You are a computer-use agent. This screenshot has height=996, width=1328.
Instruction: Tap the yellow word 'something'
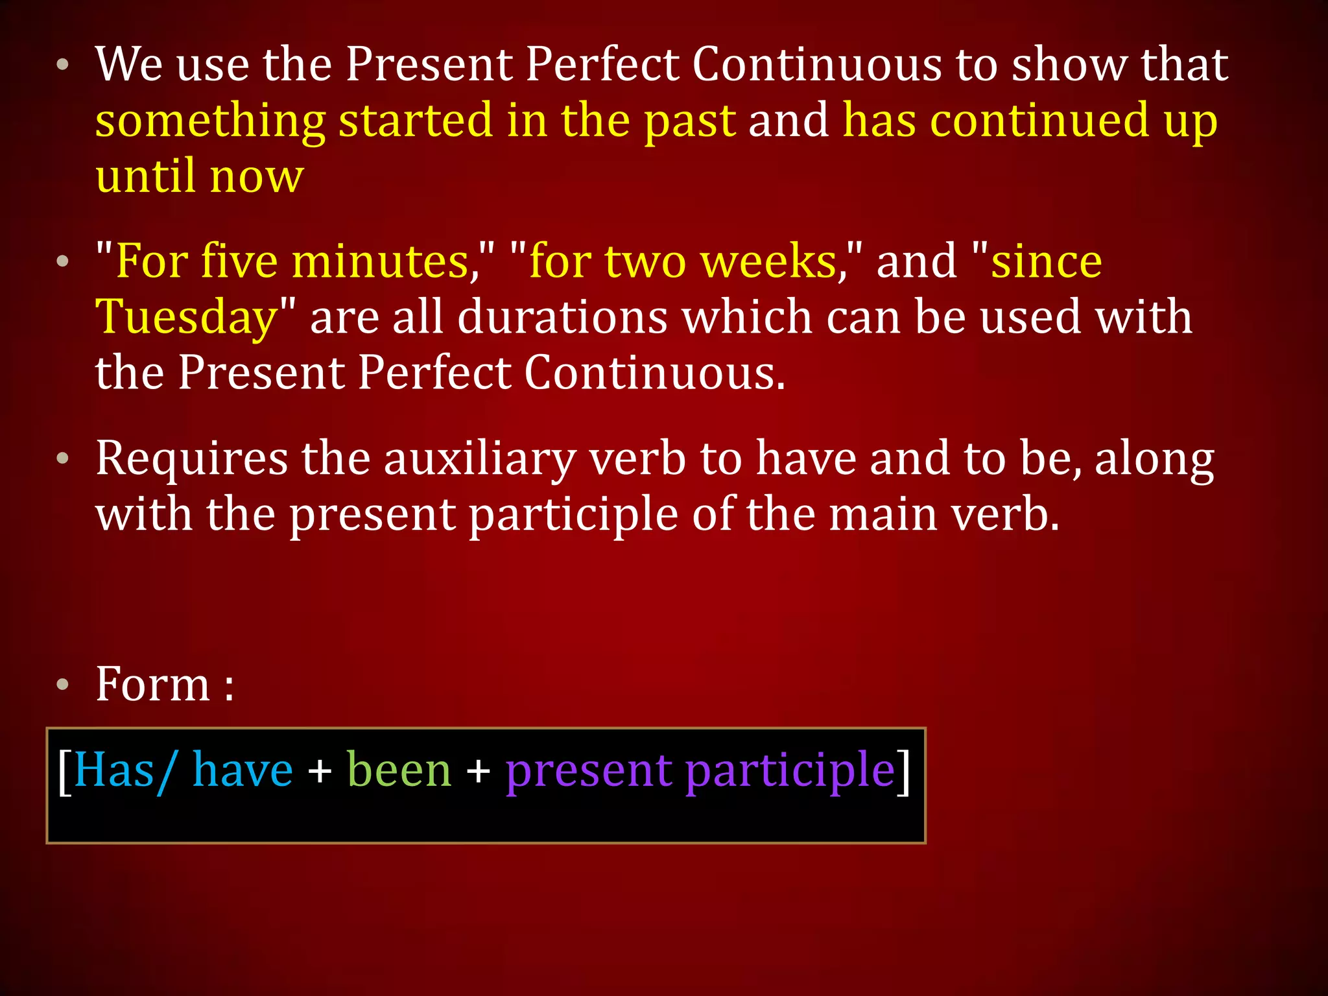[210, 122]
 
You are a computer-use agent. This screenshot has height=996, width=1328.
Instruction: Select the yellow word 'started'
[415, 121]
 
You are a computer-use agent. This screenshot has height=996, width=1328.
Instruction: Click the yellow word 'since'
[1046, 262]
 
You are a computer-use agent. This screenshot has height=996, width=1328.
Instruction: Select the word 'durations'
[562, 318]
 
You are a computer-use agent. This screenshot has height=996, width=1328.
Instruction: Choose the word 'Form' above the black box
[153, 685]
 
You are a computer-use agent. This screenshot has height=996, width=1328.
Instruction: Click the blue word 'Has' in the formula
[114, 770]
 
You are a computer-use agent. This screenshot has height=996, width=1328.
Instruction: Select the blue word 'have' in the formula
[243, 770]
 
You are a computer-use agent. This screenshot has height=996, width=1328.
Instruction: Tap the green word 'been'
[399, 770]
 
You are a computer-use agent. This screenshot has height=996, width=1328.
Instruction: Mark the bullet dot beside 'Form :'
[62, 685]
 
